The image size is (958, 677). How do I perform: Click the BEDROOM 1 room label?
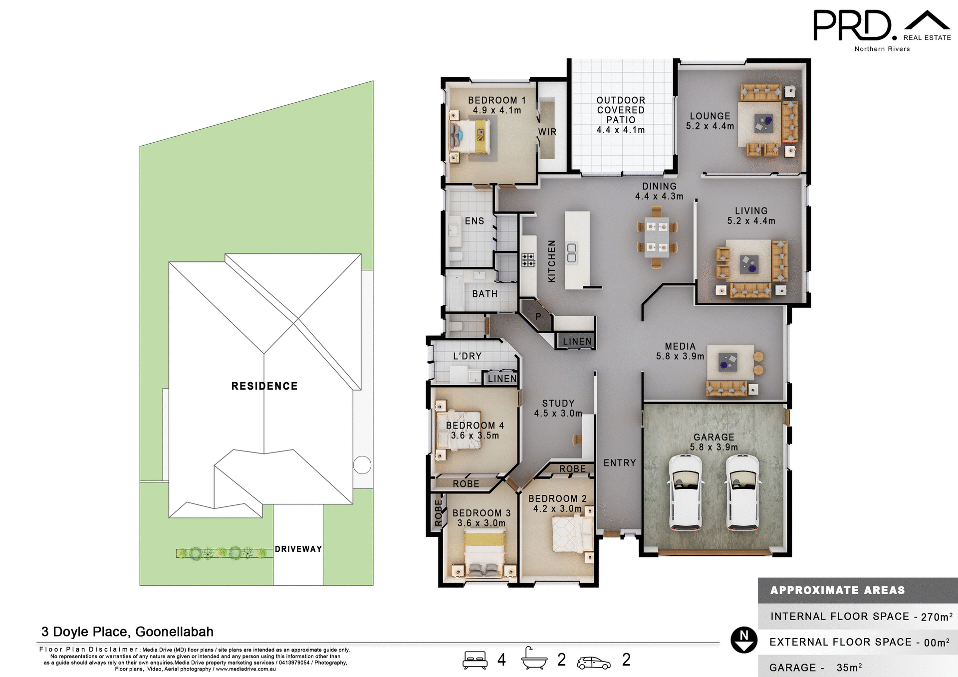tap(496, 105)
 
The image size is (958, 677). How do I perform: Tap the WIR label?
tap(547, 132)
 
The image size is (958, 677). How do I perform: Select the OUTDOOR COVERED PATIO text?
tap(621, 115)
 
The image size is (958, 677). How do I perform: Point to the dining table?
tap(657, 237)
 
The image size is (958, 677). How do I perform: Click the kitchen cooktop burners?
tap(528, 260)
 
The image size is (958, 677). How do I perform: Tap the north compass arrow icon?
tap(744, 640)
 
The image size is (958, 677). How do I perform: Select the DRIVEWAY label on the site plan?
tap(298, 549)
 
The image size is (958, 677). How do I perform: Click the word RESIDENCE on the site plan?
tap(264, 386)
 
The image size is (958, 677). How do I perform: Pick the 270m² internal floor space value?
tap(936, 617)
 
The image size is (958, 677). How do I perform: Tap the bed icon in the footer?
tap(475, 660)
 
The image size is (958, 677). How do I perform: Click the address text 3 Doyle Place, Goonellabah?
tap(127, 632)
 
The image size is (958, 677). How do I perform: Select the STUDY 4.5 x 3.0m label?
tap(558, 408)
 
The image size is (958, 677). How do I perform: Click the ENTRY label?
tap(620, 463)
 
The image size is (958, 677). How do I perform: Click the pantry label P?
tap(538, 316)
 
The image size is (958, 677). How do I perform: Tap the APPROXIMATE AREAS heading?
tap(837, 590)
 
